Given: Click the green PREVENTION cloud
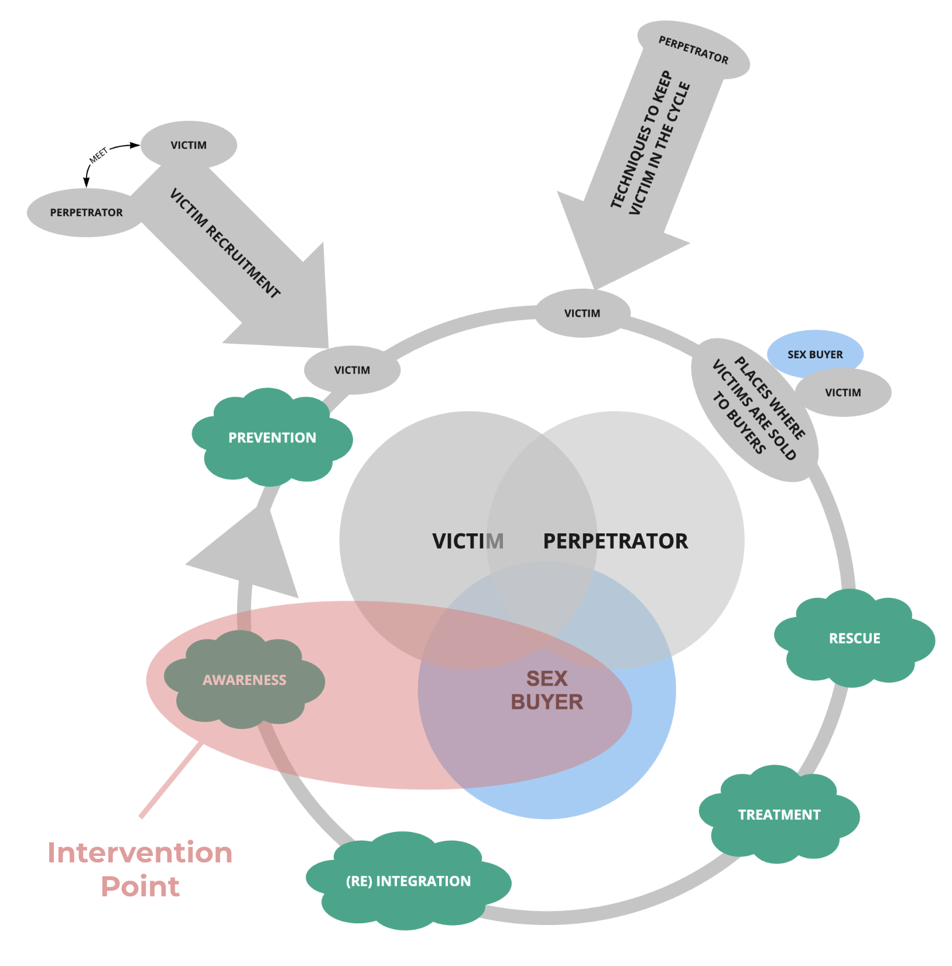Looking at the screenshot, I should (272, 437).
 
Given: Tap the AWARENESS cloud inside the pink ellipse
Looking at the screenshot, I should (244, 680).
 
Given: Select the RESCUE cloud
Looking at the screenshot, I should (854, 638).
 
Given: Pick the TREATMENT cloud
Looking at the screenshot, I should (779, 814).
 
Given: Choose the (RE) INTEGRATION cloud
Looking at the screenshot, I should (408, 881).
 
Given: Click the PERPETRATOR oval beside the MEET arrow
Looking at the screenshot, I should (86, 213).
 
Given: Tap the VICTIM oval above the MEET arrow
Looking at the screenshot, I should (189, 145).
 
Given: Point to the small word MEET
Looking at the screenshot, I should (98, 155).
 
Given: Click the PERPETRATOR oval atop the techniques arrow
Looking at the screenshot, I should (693, 50).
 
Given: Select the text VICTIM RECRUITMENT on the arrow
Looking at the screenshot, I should (225, 243).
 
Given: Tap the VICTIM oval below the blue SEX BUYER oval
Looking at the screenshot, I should (843, 393).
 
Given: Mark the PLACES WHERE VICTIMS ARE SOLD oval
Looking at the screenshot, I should (754, 409).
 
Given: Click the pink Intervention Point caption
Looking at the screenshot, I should (140, 869).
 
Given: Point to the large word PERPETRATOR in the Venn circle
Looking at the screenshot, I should (615, 541).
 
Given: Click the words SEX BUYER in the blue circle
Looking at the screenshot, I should (547, 690).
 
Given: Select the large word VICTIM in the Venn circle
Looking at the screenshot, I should (468, 541).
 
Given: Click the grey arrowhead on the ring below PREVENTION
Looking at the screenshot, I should (246, 553).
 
